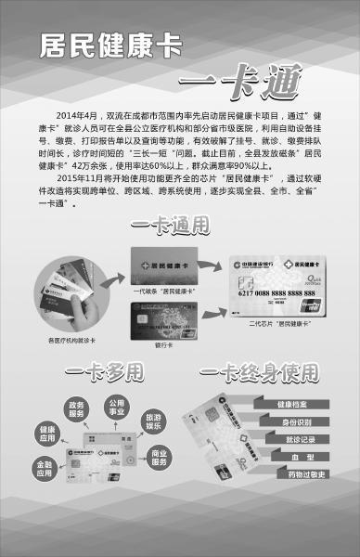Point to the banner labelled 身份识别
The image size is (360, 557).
(x=296, y=422)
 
